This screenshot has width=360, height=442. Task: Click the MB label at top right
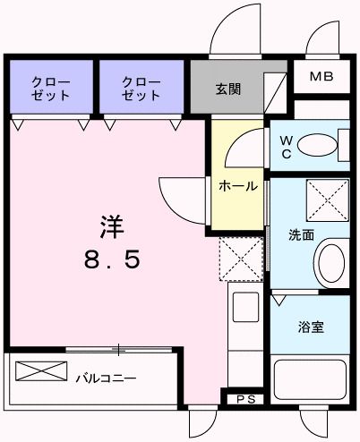point(321,77)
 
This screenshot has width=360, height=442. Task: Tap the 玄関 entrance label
point(227,89)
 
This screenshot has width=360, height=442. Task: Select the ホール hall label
point(239,186)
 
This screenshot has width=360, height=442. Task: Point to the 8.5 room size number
point(111,260)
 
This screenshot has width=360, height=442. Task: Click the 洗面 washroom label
point(300,236)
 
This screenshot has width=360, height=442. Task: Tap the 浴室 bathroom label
point(312,327)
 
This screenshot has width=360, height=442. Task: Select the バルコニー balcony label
point(106,378)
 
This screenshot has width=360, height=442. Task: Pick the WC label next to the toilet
point(285,145)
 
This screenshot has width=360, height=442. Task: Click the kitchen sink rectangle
point(245,308)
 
